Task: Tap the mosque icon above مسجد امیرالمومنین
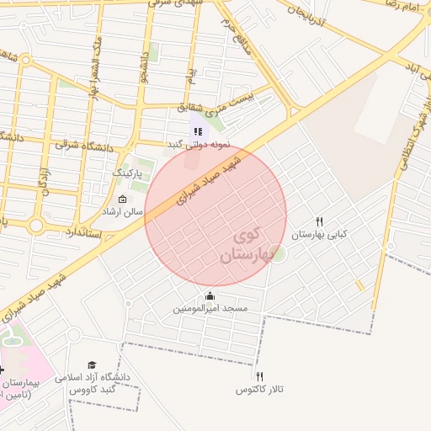pos(210,296)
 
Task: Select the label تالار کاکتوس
pos(259,390)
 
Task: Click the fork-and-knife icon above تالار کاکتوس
pos(259,376)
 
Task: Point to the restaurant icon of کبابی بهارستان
pos(319,221)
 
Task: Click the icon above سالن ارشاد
pos(124,200)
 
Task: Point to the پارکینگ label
pos(130,173)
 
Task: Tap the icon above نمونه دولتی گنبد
pos(198,130)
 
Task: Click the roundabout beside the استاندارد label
pos(35,226)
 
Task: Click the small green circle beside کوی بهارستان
pos(278,252)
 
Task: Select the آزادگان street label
pos(41,177)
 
